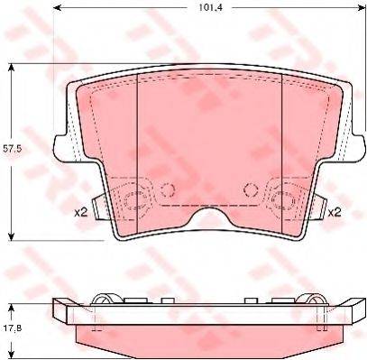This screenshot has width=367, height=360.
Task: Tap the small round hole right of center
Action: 251,189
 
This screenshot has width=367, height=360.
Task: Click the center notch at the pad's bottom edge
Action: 209,217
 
